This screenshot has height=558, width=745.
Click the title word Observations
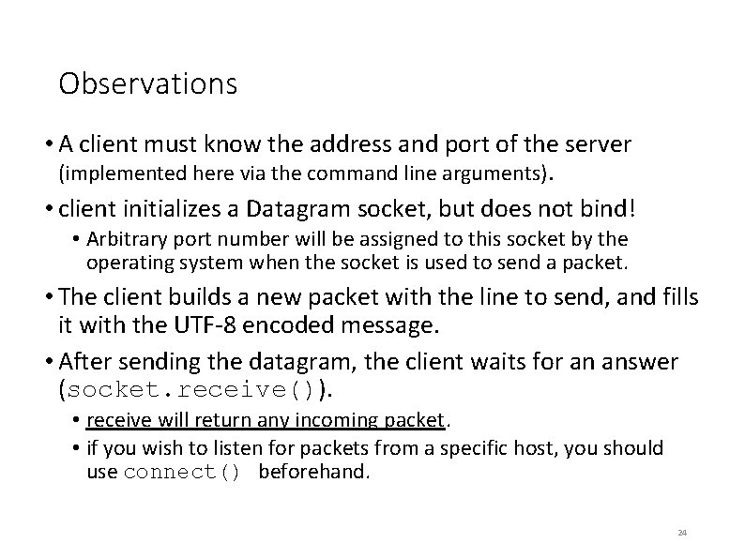pos(147,84)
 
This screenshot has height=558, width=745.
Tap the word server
pos(597,144)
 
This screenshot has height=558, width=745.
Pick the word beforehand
pos(314,470)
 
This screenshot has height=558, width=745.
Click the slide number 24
pos(682,533)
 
